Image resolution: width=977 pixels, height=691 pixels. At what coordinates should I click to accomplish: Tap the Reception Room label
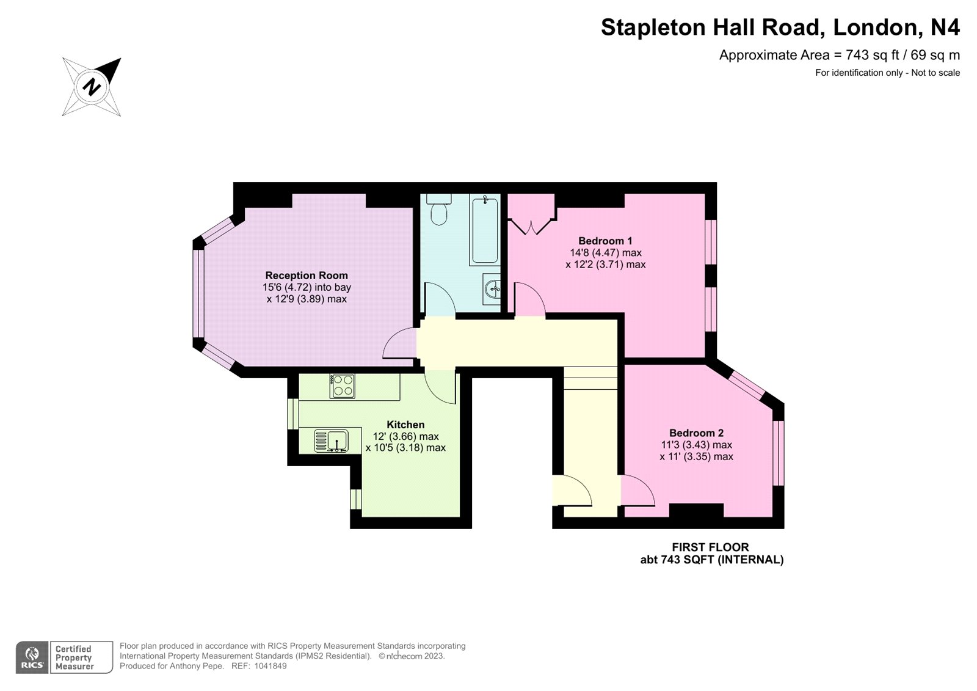[x=307, y=276]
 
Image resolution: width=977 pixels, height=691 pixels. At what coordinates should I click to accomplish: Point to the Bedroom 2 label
[x=696, y=433]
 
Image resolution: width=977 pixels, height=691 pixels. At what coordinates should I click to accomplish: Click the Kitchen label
[x=405, y=425]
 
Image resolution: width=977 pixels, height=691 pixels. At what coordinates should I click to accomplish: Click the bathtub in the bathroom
[x=485, y=229]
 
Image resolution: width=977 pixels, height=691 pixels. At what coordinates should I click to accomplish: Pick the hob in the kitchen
[x=342, y=386]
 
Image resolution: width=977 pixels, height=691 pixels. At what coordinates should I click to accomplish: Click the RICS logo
[x=32, y=657]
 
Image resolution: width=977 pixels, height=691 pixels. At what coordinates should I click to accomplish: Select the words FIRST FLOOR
[x=710, y=547]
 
